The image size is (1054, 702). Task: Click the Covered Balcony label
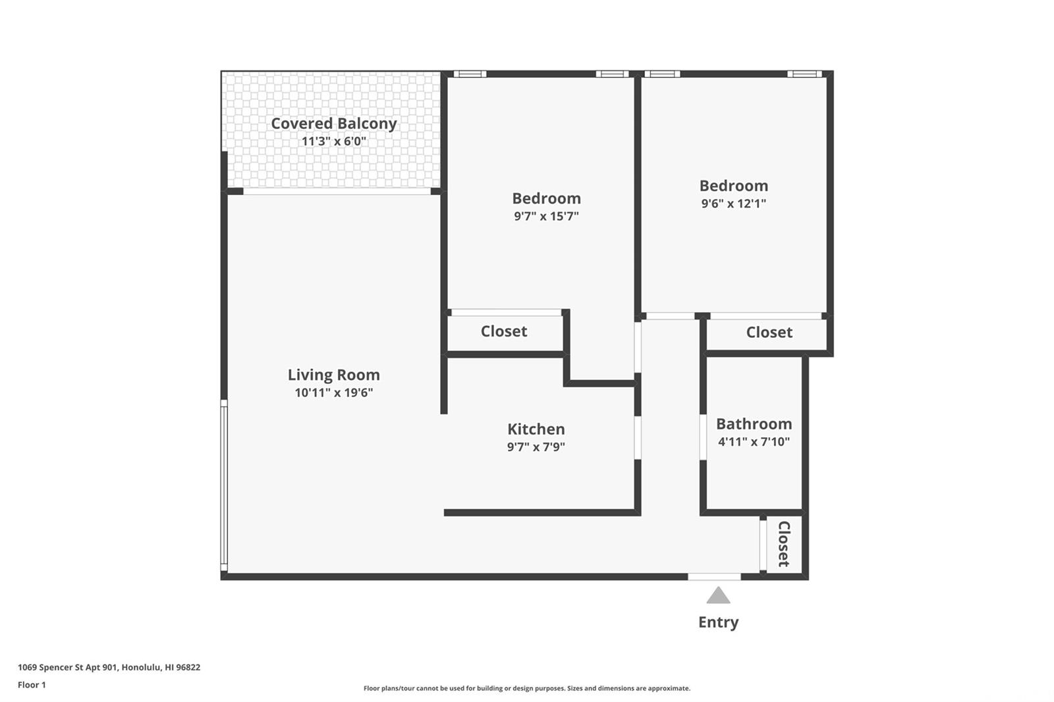(x=333, y=123)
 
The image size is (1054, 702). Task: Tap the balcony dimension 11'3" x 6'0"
(x=333, y=141)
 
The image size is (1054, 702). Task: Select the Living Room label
(x=333, y=375)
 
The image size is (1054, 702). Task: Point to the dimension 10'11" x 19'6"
(x=333, y=392)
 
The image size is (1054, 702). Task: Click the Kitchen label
(x=536, y=429)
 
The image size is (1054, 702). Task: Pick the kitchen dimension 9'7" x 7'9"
(x=536, y=446)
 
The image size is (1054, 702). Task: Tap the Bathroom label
(x=754, y=423)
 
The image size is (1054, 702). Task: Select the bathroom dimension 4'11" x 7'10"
(x=754, y=441)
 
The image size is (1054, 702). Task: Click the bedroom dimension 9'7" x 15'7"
(x=546, y=216)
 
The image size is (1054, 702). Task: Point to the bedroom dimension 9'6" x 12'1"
(x=734, y=203)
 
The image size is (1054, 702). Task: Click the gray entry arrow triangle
(x=718, y=596)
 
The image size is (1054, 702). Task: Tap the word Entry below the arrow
(x=718, y=622)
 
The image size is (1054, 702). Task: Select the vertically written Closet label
(x=783, y=543)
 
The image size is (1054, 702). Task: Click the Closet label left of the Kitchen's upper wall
(x=503, y=331)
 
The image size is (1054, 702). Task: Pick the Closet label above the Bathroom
(x=769, y=332)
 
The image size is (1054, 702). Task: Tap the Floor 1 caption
(x=32, y=685)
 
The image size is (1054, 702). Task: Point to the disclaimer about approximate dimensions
(x=527, y=688)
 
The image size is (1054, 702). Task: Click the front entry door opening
(x=714, y=577)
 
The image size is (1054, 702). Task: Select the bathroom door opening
(x=703, y=437)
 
